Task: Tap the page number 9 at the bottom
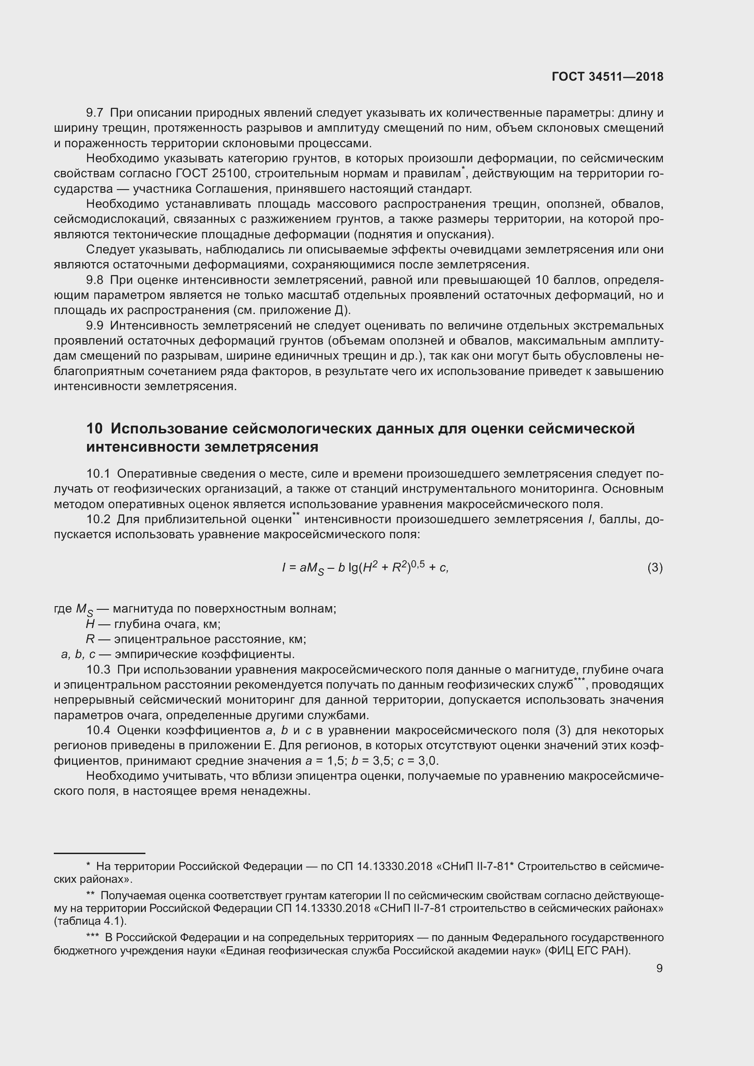pos(659,968)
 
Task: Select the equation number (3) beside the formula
pos(655,567)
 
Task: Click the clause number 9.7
pos(95,113)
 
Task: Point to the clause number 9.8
pos(95,280)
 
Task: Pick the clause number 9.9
pos(95,325)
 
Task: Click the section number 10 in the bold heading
pos(94,428)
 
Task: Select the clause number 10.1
pos(98,474)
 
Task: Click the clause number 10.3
pos(98,669)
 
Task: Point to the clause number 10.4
pos(98,730)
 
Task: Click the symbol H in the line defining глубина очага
pos(90,624)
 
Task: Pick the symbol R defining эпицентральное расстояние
pos(90,639)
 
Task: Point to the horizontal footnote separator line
pos(99,853)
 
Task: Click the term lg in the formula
pos(354,567)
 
